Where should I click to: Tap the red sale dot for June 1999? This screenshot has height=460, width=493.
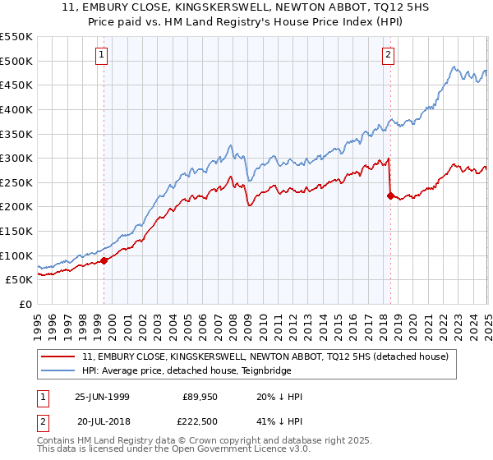[104, 260]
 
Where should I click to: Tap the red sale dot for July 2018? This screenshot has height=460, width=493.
[389, 195]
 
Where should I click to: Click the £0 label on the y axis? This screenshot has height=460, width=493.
[25, 304]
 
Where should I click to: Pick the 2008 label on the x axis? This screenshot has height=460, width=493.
[233, 320]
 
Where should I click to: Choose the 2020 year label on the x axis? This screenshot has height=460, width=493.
[412, 320]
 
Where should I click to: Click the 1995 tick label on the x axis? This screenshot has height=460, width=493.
[38, 320]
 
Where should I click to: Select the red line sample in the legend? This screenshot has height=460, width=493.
[60, 356]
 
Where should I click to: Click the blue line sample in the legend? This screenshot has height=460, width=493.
[60, 370]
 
